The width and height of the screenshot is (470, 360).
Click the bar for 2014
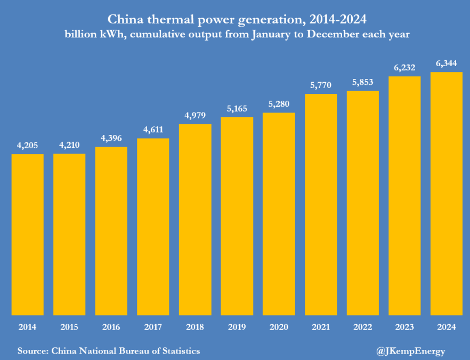coord(27,234)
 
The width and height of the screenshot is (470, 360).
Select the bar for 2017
coord(153,227)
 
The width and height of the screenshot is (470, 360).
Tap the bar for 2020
coord(279,213)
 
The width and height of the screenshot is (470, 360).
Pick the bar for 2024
coord(446,193)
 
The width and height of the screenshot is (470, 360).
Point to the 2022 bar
coord(362,203)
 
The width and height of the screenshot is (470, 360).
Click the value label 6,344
coord(447,64)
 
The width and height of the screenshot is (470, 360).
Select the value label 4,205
coord(27,146)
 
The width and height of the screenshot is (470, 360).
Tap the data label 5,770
coord(321,85)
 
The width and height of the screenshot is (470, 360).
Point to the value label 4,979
coord(195,116)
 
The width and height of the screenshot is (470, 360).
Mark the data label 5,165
coord(237,108)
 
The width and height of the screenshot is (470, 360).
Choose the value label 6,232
coord(404,68)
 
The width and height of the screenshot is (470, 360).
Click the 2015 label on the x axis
coord(69,327)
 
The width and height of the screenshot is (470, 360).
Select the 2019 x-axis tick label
coord(237,327)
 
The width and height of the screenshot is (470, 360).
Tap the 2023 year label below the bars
coord(404,327)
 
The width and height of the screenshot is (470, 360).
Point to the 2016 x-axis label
coord(111,327)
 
